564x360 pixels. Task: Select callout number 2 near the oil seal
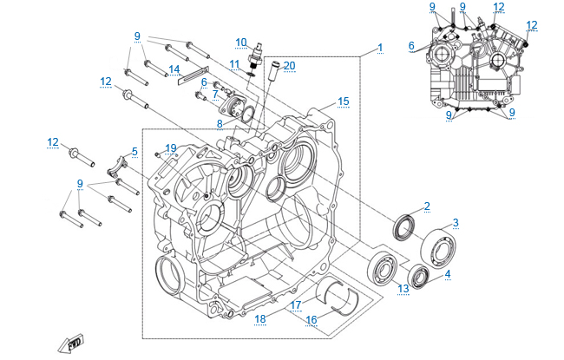(x=427, y=206)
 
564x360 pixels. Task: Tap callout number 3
(x=456, y=223)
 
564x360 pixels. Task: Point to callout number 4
(x=448, y=274)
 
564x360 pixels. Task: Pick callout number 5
(x=134, y=152)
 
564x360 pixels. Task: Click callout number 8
(x=220, y=125)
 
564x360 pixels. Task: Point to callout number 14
(x=174, y=69)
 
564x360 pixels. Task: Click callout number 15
(x=344, y=101)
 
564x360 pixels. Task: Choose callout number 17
(x=296, y=304)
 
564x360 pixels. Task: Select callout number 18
(x=259, y=319)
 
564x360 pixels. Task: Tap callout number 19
(x=171, y=147)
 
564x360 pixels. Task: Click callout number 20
(x=289, y=65)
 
